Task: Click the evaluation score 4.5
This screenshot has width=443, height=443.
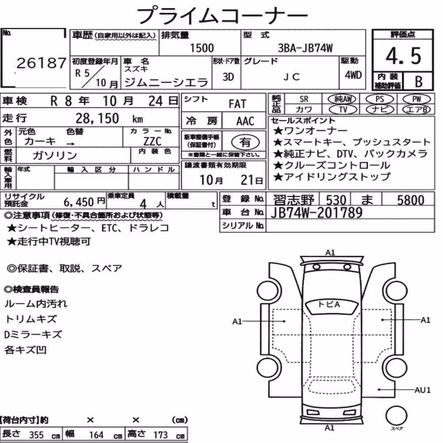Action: pos(403,56)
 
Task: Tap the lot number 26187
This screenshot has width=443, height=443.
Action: pos(41,63)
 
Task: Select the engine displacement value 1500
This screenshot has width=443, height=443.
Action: pos(202,48)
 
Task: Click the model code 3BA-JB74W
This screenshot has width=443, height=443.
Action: pos(305,48)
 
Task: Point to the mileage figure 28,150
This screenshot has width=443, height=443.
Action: pos(97,118)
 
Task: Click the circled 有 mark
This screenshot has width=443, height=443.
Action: pos(245,142)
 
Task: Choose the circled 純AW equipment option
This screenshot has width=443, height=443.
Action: pos(342,99)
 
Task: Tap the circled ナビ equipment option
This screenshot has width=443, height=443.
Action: pos(380,109)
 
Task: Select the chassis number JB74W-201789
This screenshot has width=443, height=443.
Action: pos(316,213)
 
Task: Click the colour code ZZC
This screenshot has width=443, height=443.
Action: pos(152,141)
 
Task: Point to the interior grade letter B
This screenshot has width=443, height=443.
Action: pos(419,82)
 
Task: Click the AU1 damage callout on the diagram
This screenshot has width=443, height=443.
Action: pos(423,390)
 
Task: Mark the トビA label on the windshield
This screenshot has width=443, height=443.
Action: pos(329,305)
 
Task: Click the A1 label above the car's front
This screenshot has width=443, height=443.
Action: pos(330,253)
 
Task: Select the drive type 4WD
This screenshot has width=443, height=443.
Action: pos(353,75)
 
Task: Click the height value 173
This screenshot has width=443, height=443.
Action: pos(160,435)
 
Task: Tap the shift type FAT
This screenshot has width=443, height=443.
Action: pos(237,104)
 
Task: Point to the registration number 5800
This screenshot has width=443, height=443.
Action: pos(411,200)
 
